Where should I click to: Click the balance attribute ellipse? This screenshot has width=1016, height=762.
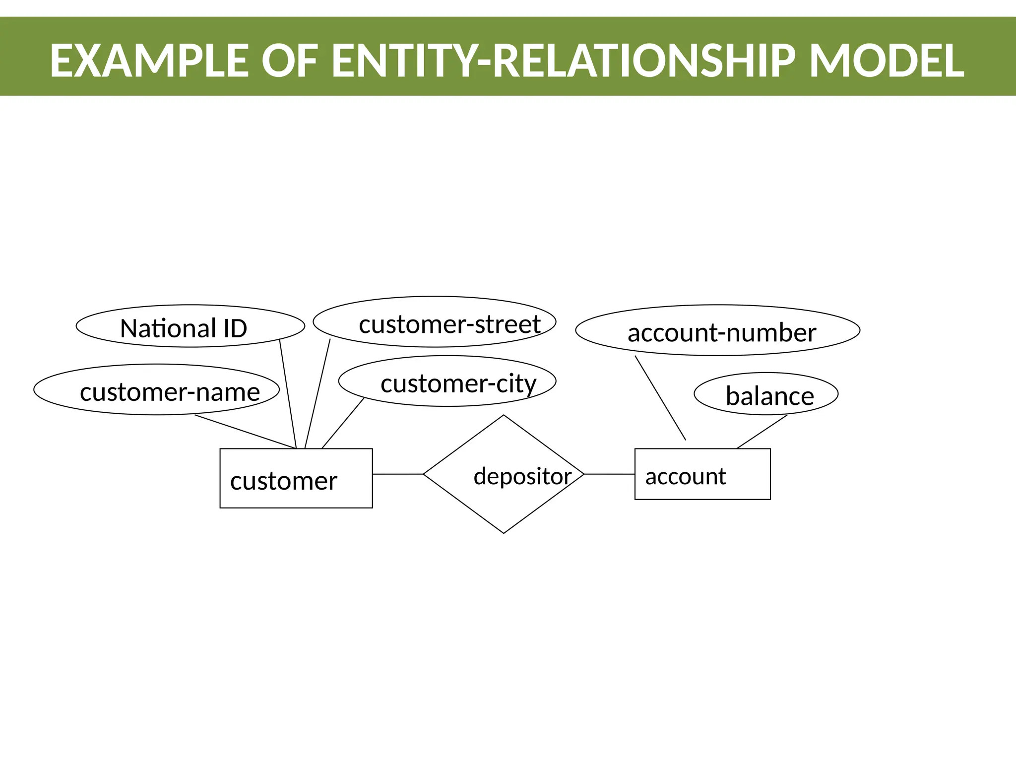[x=766, y=394]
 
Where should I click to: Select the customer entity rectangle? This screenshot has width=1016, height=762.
[x=296, y=478]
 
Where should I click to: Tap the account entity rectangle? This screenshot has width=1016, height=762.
[x=702, y=474]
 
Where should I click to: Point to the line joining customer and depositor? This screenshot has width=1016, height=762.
[x=397, y=474]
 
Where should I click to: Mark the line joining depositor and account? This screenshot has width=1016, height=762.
[x=609, y=474]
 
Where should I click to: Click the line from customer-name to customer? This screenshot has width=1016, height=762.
[x=245, y=432]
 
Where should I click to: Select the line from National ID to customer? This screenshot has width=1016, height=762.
[x=288, y=394]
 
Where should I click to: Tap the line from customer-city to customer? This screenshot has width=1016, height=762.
[x=343, y=423]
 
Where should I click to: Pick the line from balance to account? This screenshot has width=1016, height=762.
[x=762, y=432]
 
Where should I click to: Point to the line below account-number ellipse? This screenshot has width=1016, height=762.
[x=660, y=398]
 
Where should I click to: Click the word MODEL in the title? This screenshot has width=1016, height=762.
[x=887, y=61]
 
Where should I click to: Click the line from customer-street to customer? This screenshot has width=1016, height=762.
[x=317, y=394]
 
